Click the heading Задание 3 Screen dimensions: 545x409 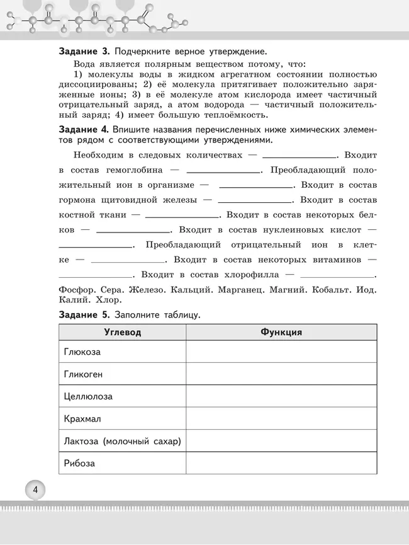[85, 50]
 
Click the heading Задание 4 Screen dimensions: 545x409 [85, 129]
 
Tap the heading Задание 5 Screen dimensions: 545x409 [85, 314]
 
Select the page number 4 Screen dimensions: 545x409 [35, 490]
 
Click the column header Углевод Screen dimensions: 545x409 [122, 332]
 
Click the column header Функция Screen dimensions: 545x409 [281, 332]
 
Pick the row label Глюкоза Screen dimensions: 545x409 [82, 352]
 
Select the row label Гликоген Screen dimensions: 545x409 [83, 374]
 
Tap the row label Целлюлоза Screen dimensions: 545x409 [88, 396]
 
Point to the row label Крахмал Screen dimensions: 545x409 [82, 418]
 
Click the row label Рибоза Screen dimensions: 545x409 [79, 463]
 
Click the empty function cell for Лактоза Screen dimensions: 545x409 [281, 441]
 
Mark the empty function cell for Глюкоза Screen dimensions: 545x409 [281, 352]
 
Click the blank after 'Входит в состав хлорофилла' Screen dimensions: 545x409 [337, 275]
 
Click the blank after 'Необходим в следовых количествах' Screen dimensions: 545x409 [300, 155]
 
